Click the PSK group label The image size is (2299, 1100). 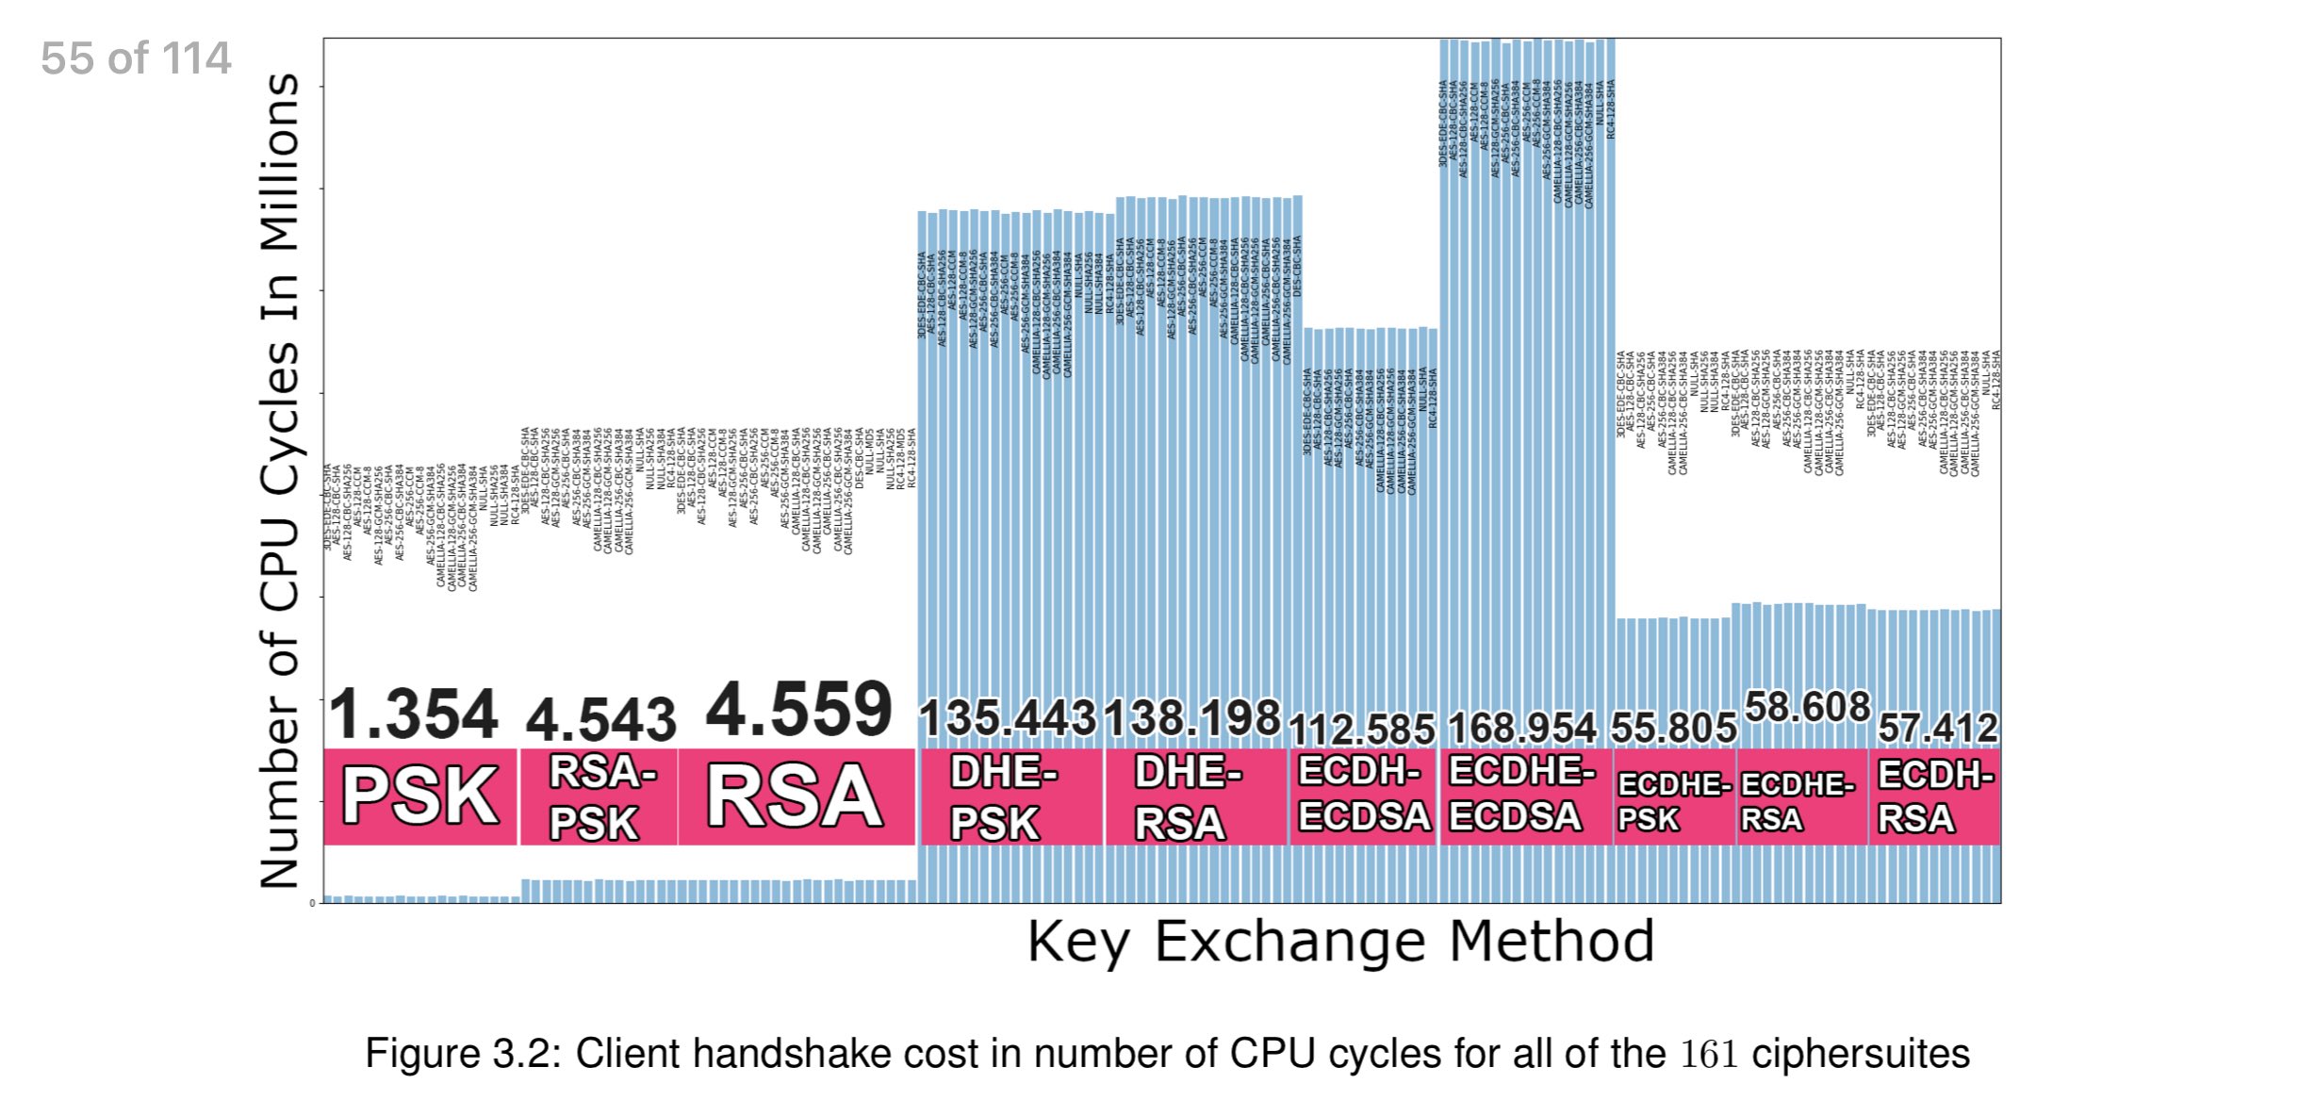pos(420,796)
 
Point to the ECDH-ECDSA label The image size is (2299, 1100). pos(1363,795)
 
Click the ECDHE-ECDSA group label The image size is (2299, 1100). pos(1520,795)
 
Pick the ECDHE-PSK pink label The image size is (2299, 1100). pos(1674,801)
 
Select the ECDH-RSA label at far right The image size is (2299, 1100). pos(1934,796)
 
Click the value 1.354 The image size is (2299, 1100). pos(413,714)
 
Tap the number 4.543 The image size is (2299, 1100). pos(600,721)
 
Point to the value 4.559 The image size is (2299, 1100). pos(798,710)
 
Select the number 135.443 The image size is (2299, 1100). pos(1008,718)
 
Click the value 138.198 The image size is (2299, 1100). pos(1192,718)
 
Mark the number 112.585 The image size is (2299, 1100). pos(1361,729)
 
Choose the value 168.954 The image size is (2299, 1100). pos(1522,728)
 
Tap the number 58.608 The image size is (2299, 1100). pos(1807,707)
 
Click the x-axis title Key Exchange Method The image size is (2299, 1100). pos(1340,942)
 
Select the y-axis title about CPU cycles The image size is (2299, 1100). pos(280,481)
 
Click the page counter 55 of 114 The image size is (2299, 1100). pos(136,58)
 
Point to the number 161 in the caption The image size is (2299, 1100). pos(1708,1054)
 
